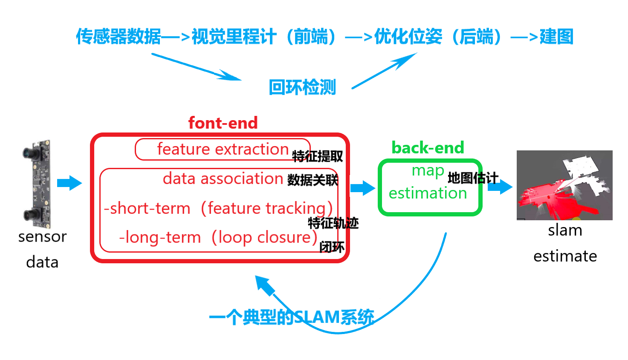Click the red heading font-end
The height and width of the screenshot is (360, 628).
coord(223,123)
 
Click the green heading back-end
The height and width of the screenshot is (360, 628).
coord(428,148)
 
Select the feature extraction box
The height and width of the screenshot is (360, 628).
coord(223,150)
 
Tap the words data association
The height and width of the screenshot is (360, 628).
coord(223,179)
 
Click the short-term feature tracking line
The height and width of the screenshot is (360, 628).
coord(218,208)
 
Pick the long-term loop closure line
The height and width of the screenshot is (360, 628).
coord(218,237)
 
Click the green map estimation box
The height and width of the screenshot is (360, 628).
coord(430,187)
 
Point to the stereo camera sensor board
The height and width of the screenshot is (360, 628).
coord(38,183)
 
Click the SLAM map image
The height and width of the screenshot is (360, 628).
coord(564,185)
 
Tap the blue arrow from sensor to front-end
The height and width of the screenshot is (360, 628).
coord(69,183)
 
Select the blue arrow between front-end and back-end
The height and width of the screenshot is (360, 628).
coord(362,187)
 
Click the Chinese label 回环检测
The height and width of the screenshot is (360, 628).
coord(302,87)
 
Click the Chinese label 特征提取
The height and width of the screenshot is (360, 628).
coord(318,156)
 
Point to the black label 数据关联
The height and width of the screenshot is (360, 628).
coord(313,180)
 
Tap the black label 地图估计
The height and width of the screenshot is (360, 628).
coord(473,178)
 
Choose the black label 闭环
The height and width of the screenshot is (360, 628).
coord(332,247)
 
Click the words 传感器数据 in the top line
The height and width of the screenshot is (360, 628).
coord(119,37)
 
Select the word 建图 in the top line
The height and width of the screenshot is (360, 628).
coord(556,37)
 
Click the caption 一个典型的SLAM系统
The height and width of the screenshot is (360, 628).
coord(292,317)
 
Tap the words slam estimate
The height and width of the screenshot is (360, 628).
coord(565,243)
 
